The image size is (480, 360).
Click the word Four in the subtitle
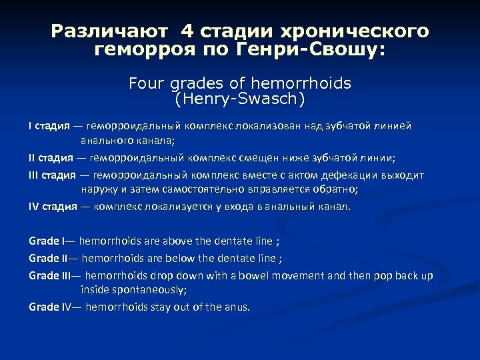point(145,85)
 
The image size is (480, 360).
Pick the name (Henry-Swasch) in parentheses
point(239,100)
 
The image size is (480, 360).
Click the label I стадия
point(51,126)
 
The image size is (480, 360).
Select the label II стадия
point(51,158)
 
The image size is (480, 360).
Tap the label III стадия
point(53,175)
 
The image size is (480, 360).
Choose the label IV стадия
point(53,206)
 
